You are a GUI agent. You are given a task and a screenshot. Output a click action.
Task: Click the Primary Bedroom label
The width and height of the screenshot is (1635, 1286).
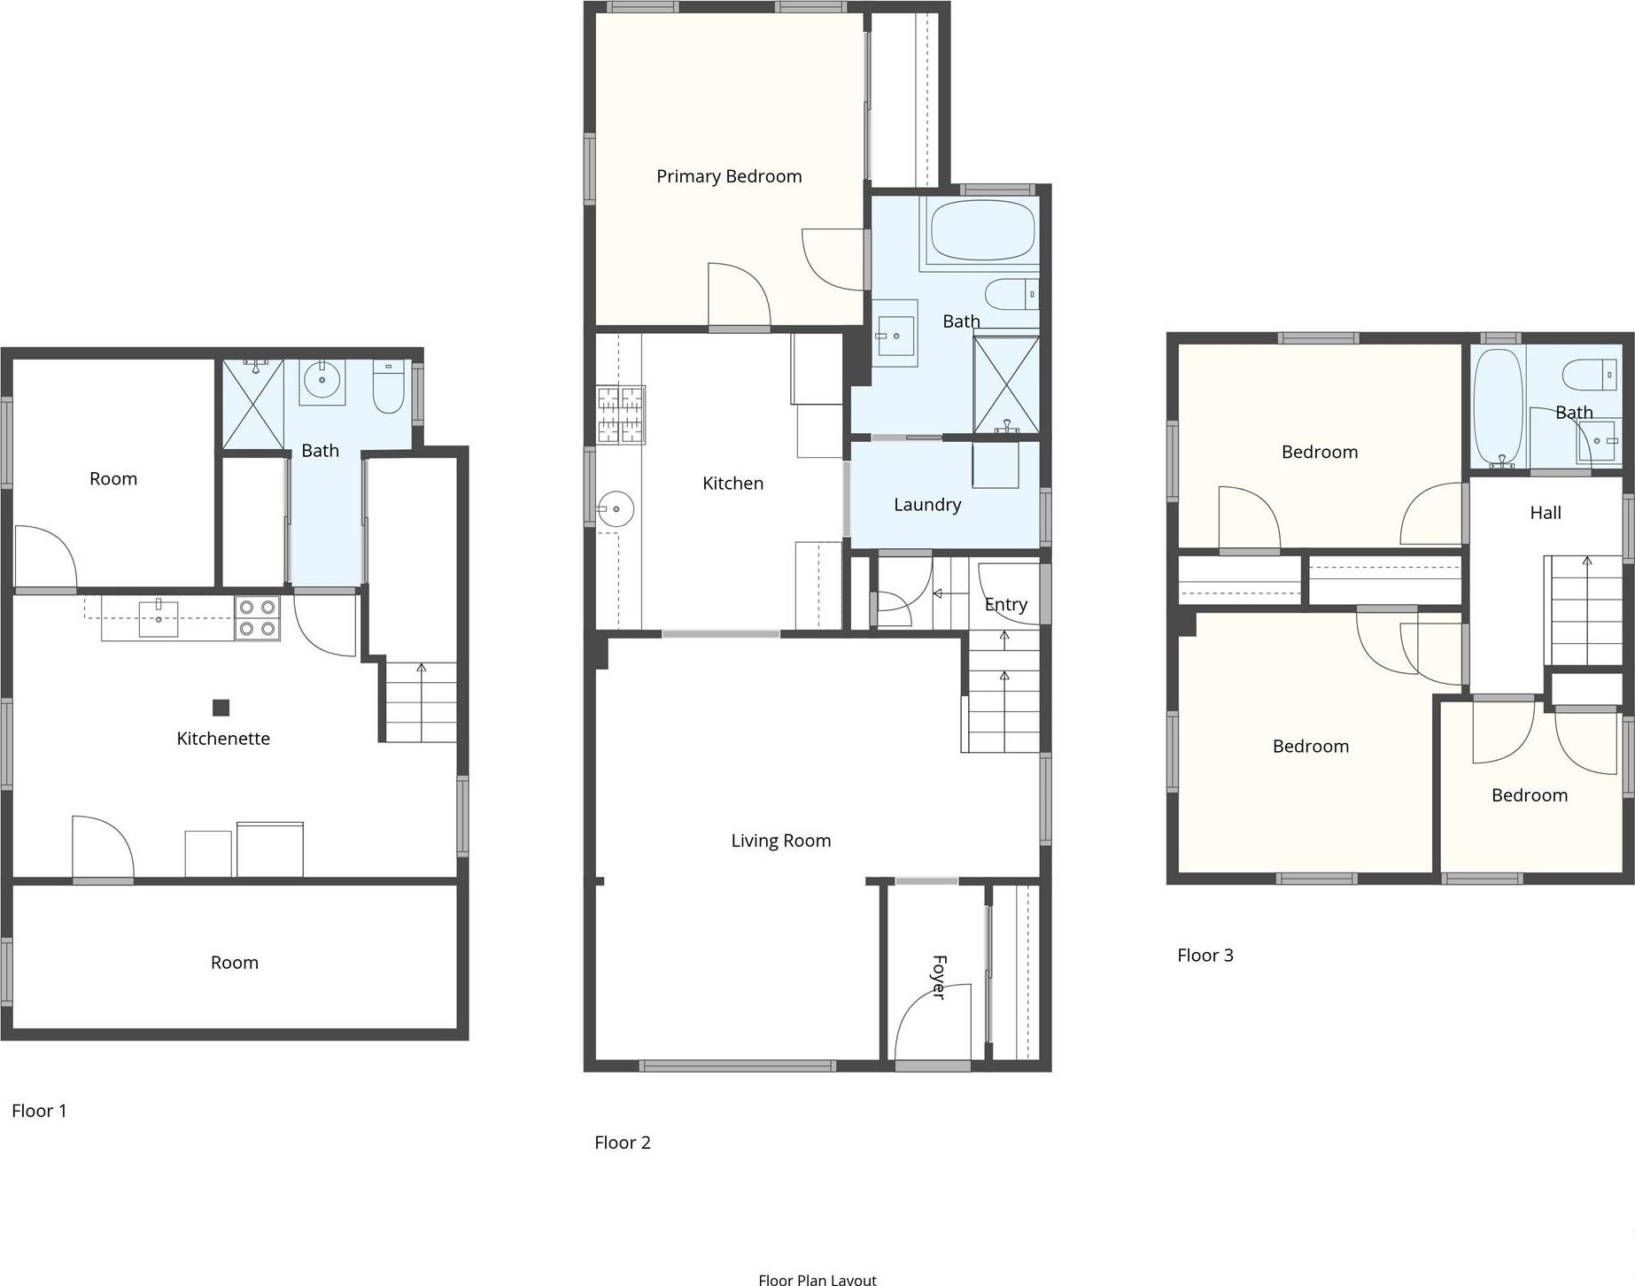[728, 176]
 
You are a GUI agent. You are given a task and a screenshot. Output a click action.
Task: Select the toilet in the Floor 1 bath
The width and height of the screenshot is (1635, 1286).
[388, 386]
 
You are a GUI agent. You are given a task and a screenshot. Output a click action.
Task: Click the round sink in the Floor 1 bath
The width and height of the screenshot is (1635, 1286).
[322, 381]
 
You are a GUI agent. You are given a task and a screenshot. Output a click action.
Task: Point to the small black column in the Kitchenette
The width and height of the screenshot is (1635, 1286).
[221, 707]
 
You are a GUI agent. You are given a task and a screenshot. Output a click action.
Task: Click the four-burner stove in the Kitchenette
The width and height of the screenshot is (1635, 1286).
[257, 617]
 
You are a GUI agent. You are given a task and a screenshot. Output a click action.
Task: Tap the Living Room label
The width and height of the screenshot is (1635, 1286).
[780, 841]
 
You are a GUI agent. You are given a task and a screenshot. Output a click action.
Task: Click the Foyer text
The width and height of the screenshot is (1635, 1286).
[939, 977]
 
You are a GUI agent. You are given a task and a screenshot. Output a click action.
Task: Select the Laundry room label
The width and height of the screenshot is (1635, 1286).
[926, 505]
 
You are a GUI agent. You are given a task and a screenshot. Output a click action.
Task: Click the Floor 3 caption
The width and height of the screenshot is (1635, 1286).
[1205, 955]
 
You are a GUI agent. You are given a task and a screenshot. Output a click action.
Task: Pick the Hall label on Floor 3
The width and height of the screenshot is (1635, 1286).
[1545, 513]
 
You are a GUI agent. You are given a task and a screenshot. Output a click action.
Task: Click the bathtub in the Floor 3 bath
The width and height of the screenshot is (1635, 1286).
[1498, 407]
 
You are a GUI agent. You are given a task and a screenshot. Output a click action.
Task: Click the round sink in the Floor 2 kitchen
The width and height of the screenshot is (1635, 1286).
[615, 509]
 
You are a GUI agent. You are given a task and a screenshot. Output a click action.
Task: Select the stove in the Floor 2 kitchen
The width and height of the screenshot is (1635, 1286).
[620, 414]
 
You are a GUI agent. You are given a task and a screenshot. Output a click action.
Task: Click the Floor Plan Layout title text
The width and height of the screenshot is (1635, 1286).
[817, 1279]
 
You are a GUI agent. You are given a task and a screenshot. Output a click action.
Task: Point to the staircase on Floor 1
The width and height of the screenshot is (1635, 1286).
[422, 702]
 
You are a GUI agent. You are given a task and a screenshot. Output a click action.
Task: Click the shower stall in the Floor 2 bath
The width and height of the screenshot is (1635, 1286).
[1005, 384]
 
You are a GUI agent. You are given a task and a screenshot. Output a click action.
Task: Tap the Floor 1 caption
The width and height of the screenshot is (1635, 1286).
[39, 1111]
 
